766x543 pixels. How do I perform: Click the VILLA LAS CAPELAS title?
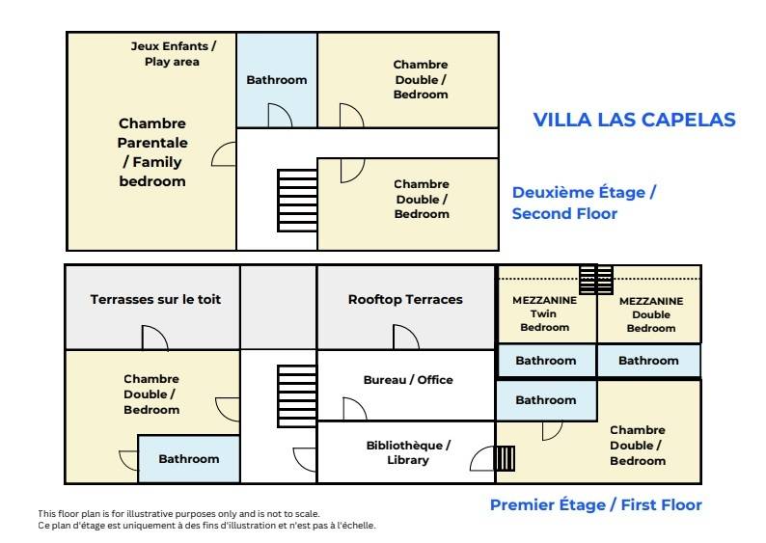(634, 121)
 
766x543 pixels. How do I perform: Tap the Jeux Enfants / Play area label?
(173, 54)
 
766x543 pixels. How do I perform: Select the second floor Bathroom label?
(277, 80)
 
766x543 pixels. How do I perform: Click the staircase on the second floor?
(297, 201)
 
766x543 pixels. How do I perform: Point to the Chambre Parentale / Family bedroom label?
(152, 151)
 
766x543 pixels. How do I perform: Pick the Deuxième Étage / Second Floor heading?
(584, 203)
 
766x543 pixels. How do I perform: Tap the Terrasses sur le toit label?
(155, 299)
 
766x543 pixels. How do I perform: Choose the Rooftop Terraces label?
(405, 299)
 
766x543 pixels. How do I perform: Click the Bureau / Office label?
(408, 380)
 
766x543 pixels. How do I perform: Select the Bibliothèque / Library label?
(408, 452)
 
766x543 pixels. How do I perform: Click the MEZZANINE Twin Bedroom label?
(545, 313)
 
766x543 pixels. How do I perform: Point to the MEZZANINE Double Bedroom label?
(651, 314)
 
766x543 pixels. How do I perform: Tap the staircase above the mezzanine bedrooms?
(596, 280)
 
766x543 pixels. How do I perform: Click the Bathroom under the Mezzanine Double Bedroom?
(648, 361)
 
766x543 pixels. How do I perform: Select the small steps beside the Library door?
(505, 458)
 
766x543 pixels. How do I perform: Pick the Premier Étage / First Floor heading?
(596, 505)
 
